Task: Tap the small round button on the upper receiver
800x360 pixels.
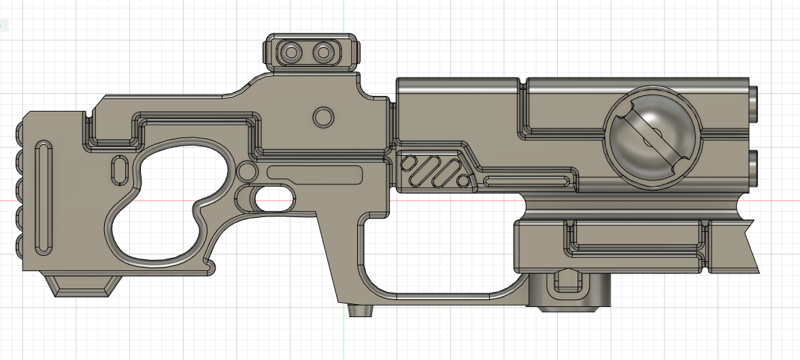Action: [322, 116]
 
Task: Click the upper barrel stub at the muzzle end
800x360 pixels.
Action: [754, 101]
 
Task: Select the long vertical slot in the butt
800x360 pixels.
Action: [43, 198]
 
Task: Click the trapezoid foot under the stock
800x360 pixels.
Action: [80, 285]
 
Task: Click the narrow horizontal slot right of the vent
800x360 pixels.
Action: [528, 180]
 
